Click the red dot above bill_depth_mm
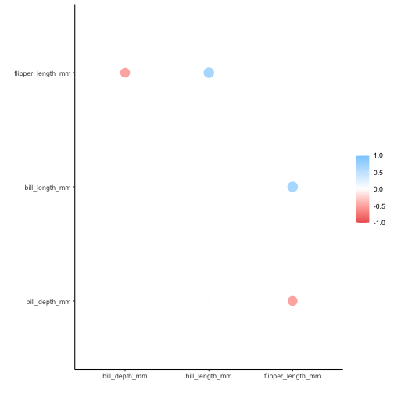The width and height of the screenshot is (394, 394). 125,73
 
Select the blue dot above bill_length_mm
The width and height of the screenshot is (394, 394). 209,73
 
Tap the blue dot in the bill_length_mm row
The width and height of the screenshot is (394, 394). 292,187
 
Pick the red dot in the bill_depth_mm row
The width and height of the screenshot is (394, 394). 292,301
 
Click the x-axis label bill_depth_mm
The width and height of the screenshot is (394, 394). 125,377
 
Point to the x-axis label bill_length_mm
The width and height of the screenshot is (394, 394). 209,377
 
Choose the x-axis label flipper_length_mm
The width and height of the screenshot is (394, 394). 292,377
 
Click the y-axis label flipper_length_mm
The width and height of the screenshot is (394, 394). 42,73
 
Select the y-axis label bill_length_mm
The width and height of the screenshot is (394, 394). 48,188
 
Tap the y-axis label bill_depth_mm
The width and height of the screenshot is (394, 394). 48,302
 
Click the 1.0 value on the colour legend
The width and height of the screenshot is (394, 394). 378,156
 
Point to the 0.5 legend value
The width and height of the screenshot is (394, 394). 378,172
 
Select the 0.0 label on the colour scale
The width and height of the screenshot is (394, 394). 378,189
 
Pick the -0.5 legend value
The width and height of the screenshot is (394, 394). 378,206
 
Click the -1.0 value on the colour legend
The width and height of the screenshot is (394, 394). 378,223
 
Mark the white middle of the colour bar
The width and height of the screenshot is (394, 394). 362,189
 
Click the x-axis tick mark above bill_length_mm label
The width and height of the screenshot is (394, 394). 209,370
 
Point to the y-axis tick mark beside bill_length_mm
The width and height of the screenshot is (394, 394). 73,187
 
